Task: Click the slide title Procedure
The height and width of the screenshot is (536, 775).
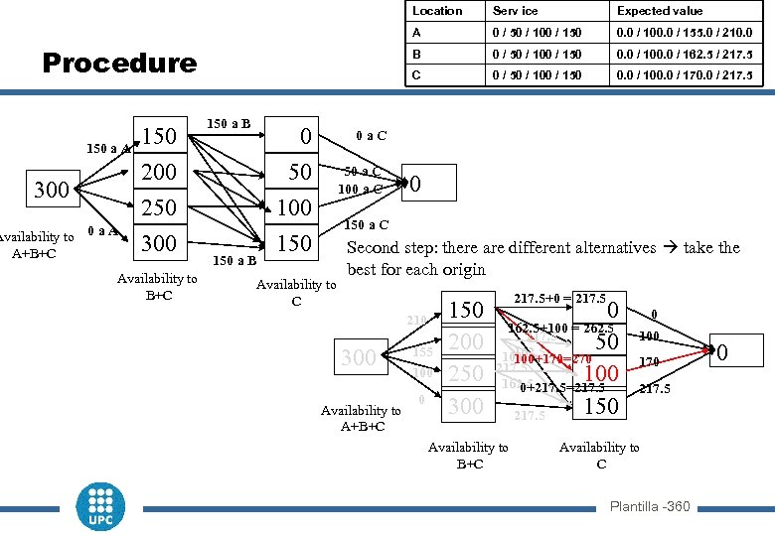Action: (x=119, y=64)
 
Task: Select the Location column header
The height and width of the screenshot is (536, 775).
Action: (x=437, y=11)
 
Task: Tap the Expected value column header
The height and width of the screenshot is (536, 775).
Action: (x=660, y=11)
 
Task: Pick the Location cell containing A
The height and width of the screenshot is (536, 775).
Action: (x=417, y=32)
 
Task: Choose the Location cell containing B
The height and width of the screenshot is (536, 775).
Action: (x=417, y=54)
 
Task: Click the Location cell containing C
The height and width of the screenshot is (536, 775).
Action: (x=417, y=75)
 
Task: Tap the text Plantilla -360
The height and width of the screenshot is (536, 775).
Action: (x=650, y=507)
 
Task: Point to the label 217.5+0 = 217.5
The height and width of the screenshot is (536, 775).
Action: (x=559, y=298)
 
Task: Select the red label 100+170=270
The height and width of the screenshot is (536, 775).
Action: (x=552, y=358)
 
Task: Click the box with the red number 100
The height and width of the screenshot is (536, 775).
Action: (x=601, y=373)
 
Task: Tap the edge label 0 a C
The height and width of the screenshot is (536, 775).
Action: (x=372, y=135)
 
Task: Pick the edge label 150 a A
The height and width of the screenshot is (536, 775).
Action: (x=103, y=149)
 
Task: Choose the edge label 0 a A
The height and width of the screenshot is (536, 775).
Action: (x=102, y=231)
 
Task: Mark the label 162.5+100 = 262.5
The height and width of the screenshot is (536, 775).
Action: (x=561, y=329)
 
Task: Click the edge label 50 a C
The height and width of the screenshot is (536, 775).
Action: (x=363, y=170)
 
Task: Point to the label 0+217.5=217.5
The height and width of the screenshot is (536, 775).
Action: (x=562, y=388)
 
